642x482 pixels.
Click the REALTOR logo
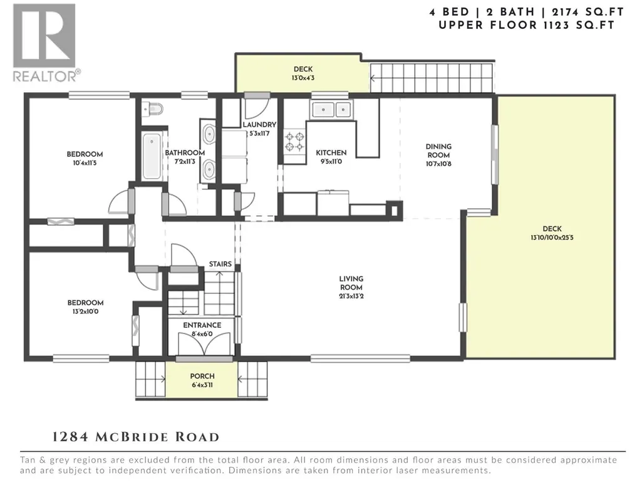(x=44, y=43)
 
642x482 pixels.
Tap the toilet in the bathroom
(x=153, y=109)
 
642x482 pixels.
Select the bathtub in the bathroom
(x=152, y=155)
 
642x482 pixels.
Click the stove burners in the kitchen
(x=295, y=142)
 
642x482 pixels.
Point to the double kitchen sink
(x=331, y=110)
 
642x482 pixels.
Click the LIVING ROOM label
(x=351, y=283)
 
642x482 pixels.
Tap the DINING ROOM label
(x=438, y=150)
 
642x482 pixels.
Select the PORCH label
(x=202, y=376)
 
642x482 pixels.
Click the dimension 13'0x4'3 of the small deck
(x=303, y=78)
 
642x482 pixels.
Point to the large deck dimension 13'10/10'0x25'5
(x=552, y=238)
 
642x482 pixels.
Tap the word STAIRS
(x=220, y=264)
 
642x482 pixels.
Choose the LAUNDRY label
(x=259, y=125)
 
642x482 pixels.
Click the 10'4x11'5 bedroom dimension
(x=85, y=163)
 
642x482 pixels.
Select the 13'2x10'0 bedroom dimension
(x=85, y=312)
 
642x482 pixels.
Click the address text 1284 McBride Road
(x=136, y=436)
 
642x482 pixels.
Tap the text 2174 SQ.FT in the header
(x=587, y=12)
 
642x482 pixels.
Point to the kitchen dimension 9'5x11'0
(x=331, y=162)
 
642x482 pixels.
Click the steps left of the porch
(x=151, y=380)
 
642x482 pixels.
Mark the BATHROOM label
(x=185, y=153)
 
